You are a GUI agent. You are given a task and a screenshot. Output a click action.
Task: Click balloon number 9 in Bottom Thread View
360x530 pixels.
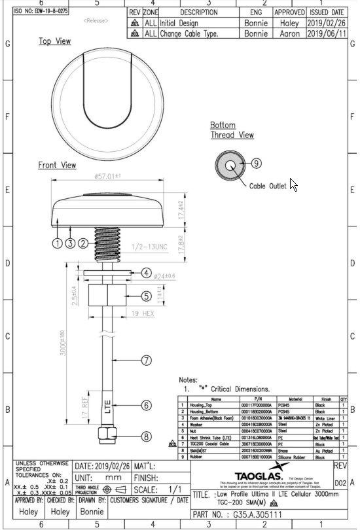coord(256,163)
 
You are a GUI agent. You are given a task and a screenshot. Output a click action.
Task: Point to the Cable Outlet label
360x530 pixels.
coord(268,186)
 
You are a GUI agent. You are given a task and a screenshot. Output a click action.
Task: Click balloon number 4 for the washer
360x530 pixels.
coord(147,273)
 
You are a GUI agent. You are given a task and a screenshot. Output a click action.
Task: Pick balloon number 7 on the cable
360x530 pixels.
coord(147,359)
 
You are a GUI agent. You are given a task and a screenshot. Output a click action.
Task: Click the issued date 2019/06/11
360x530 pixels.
coord(327,33)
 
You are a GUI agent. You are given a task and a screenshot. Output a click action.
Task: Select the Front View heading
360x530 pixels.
coord(57,166)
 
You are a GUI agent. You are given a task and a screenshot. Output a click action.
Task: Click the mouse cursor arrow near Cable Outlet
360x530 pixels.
coord(293,185)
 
